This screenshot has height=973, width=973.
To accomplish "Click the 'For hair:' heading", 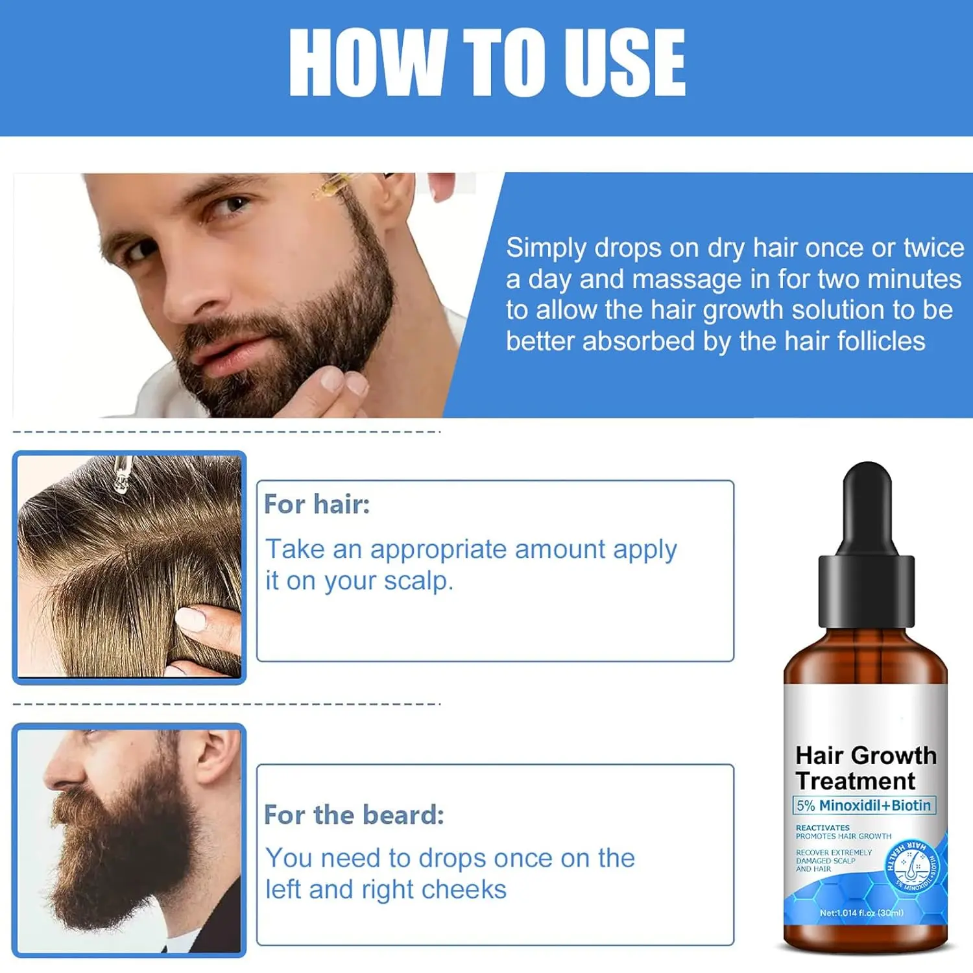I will click(317, 504).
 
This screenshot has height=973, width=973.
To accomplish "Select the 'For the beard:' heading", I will click(354, 815).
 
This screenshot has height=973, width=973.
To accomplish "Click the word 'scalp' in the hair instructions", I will click(418, 581).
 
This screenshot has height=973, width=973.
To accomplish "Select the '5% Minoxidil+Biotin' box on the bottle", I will click(864, 806).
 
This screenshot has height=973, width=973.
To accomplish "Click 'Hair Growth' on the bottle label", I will click(866, 756).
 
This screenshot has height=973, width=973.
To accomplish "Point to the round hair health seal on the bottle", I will click(912, 865).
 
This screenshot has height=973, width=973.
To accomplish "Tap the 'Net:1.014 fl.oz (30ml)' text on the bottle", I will click(861, 913).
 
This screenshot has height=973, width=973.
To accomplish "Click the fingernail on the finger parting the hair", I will click(191, 619).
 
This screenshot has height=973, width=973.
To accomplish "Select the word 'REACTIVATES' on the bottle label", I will click(823, 828).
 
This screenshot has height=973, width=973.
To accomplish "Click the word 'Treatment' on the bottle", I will click(855, 781).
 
